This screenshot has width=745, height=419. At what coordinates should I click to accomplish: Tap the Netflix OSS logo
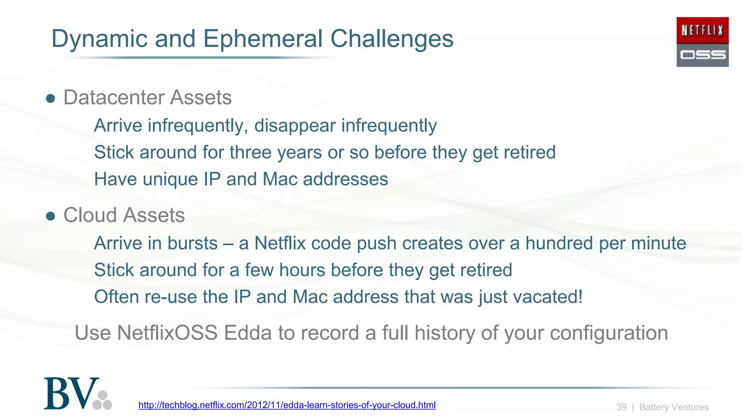pyautogui.click(x=702, y=42)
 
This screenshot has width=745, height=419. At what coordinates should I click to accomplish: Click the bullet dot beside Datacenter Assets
pyautogui.click(x=51, y=98)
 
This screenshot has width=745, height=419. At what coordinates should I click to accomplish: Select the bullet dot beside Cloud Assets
pyautogui.click(x=51, y=216)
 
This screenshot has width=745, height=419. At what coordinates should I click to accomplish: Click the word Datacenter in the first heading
pyautogui.click(x=113, y=97)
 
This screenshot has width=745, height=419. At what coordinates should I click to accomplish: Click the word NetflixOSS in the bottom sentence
pyautogui.click(x=167, y=333)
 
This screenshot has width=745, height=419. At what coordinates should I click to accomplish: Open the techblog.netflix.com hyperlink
pyautogui.click(x=287, y=405)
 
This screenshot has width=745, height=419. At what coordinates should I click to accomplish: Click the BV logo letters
pyautogui.click(x=72, y=394)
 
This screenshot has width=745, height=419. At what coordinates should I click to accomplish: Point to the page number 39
pyautogui.click(x=621, y=407)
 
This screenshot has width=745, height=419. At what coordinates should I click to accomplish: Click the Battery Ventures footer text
pyautogui.click(x=674, y=407)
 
